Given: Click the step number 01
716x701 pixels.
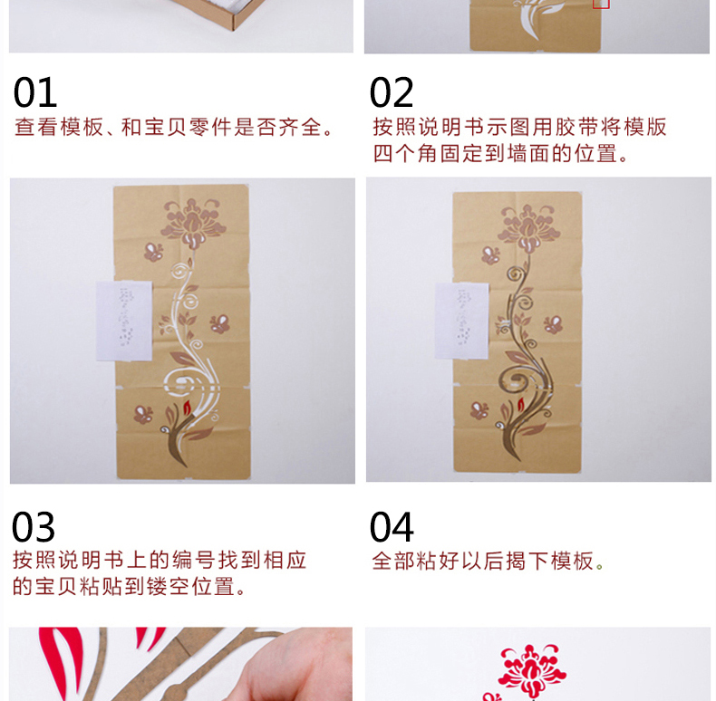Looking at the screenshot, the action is click(35, 92).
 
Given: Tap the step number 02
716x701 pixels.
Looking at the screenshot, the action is click(392, 92).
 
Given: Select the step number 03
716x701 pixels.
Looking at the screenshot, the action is click(34, 527).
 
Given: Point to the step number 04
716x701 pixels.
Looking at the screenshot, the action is click(392, 527).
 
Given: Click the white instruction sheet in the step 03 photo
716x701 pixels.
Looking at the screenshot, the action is click(124, 321).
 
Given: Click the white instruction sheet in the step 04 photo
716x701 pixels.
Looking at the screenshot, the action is click(461, 321).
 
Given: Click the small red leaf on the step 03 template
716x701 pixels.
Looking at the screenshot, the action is click(187, 407).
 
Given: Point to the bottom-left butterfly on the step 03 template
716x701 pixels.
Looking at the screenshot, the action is click(143, 414).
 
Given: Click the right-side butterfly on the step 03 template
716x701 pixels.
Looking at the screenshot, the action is click(219, 323).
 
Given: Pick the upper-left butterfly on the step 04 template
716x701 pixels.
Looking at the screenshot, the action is click(490, 255).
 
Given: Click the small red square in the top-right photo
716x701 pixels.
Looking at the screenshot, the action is click(601, 4).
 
